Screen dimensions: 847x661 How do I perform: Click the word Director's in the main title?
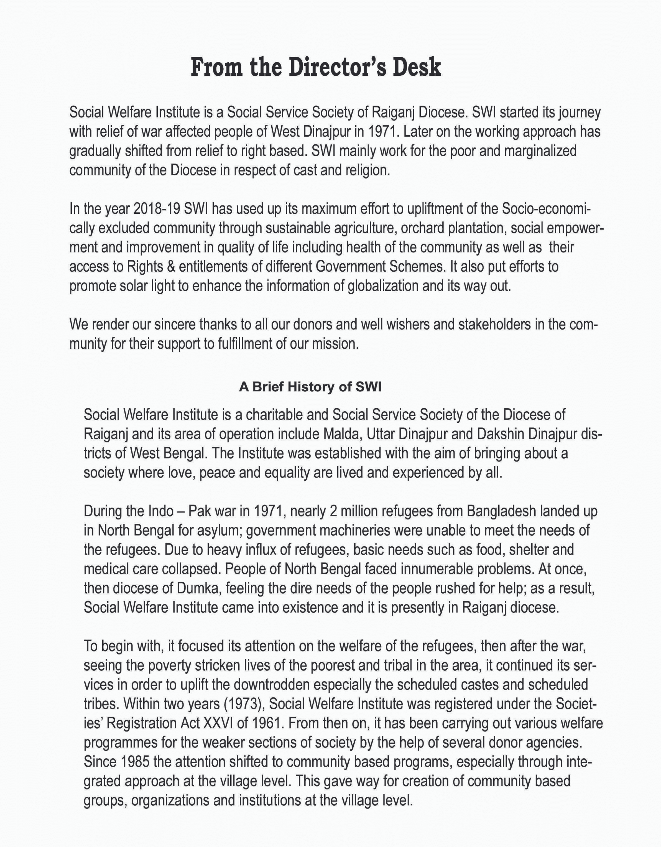coord(336,67)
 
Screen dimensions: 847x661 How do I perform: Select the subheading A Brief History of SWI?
coord(310,387)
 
